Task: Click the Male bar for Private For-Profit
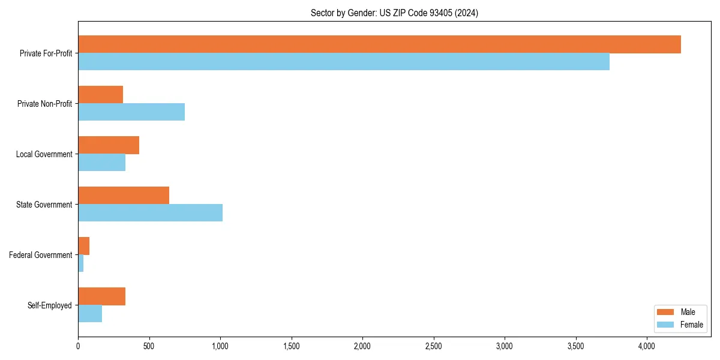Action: [x=379, y=44]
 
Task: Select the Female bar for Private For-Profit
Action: [x=344, y=62]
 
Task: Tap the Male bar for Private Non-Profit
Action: [x=101, y=95]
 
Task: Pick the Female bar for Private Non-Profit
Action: [x=131, y=112]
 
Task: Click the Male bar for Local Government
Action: [x=109, y=145]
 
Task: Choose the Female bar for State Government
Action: [x=150, y=213]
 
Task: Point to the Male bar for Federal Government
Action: [x=84, y=246]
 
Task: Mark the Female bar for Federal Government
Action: [x=81, y=263]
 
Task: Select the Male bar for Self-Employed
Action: [x=102, y=296]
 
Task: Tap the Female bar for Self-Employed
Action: [x=90, y=314]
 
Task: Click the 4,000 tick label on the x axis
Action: [x=646, y=346]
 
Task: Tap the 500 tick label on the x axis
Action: [x=149, y=346]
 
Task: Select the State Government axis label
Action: [x=44, y=205]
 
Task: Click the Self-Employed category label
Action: [x=50, y=305]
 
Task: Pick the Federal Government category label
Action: [x=41, y=255]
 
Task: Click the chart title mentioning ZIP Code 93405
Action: [x=394, y=13]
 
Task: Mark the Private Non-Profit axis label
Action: [x=45, y=104]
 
